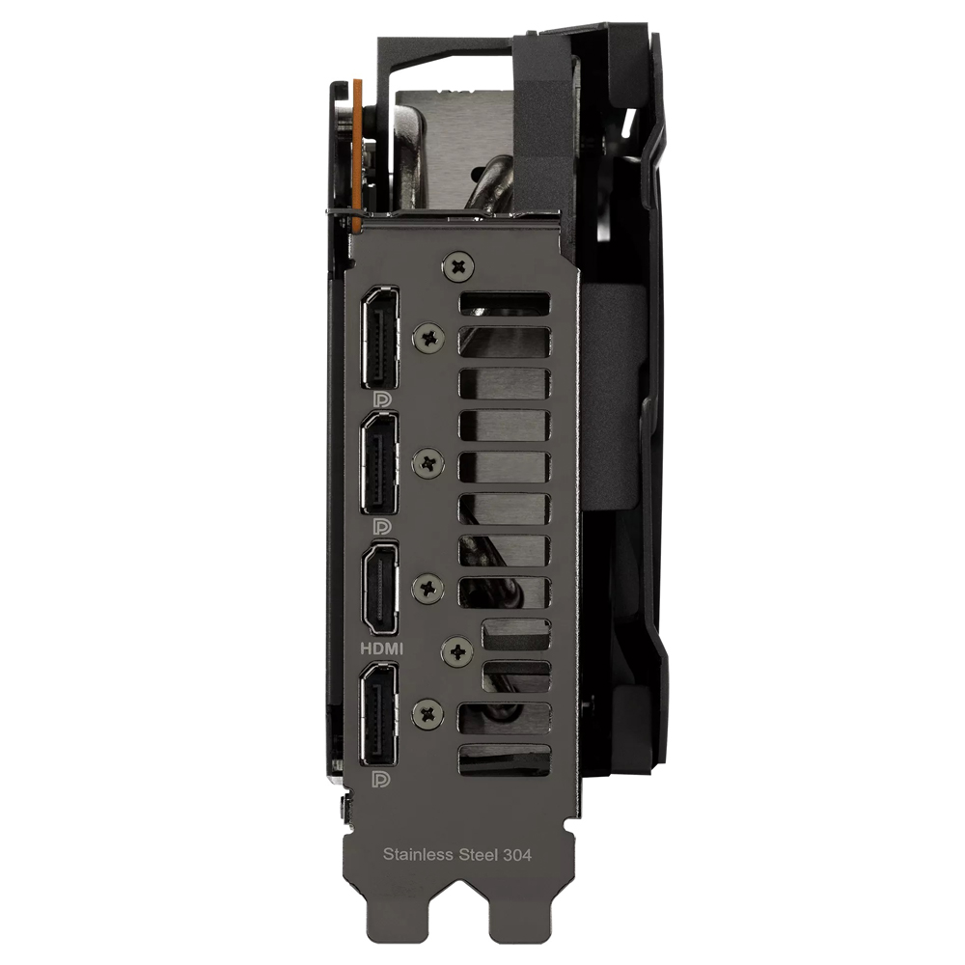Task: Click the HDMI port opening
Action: click(380, 590)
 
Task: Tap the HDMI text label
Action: click(381, 648)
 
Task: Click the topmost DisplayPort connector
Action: click(379, 337)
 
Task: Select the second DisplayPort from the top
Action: click(379, 463)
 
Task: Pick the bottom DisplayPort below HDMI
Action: click(379, 715)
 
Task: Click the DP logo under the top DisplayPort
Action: click(382, 400)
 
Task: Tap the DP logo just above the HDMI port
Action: click(382, 527)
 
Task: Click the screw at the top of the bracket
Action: click(458, 266)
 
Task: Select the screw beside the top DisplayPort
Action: click(429, 337)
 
